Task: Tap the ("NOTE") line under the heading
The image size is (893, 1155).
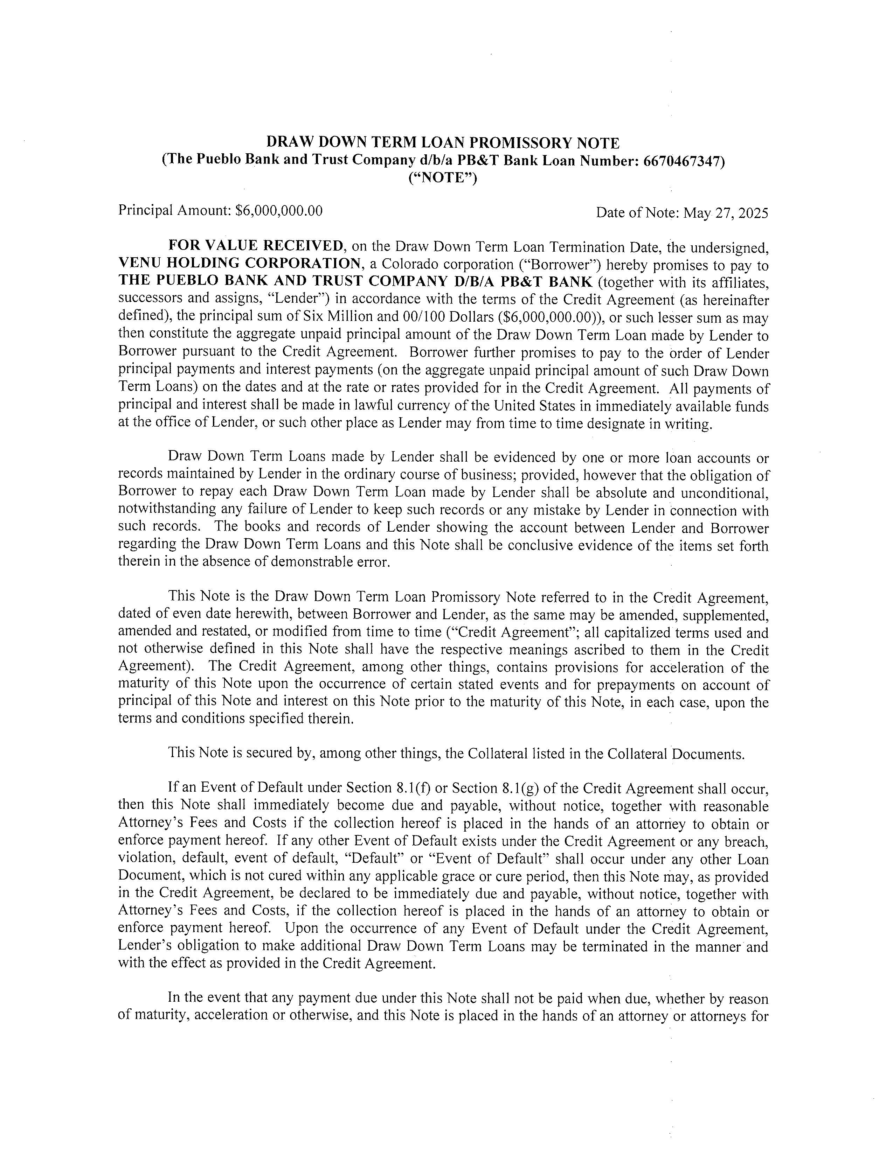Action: point(443,178)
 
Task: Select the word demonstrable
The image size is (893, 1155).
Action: point(314,562)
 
